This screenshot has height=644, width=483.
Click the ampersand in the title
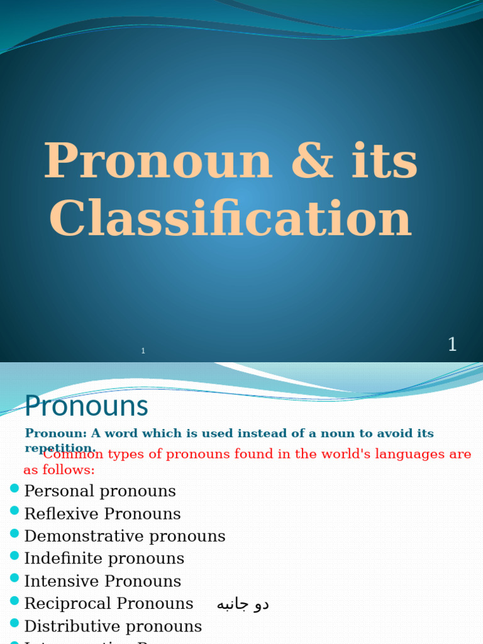tap(311, 162)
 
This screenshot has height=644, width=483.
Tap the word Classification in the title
tap(230, 219)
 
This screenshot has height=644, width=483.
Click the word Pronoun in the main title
tap(158, 162)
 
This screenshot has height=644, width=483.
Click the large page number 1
tap(452, 345)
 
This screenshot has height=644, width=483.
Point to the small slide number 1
tap(143, 351)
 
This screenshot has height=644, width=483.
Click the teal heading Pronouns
tap(86, 406)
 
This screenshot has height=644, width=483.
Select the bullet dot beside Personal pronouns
tap(14, 488)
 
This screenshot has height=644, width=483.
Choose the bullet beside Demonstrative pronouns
tap(14, 533)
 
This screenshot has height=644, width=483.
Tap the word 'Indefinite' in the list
tap(63, 558)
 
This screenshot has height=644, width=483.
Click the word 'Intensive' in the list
tap(62, 581)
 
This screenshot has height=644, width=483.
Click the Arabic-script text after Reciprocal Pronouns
tap(243, 604)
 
